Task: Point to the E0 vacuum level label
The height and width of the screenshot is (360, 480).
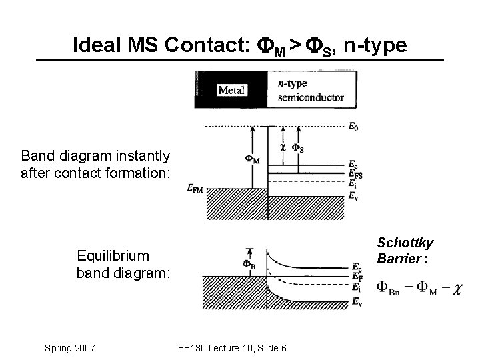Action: (x=352, y=125)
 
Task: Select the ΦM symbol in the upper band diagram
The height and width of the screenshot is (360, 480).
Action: (x=253, y=159)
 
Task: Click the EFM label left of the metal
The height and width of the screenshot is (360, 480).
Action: (x=196, y=189)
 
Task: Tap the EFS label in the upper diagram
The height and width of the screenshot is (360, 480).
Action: (x=355, y=174)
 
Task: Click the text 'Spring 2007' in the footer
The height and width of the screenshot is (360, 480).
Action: (x=70, y=348)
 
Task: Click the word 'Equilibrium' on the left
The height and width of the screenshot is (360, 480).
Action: (x=113, y=255)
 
